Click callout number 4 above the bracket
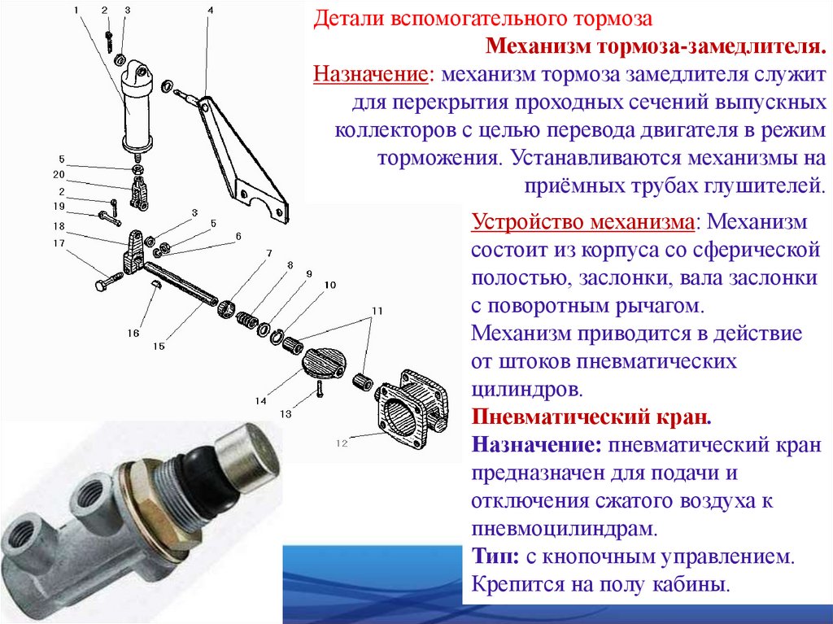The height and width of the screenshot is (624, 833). point(211,10)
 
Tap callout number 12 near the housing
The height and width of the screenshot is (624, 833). point(342,443)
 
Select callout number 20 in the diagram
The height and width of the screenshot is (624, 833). point(59,174)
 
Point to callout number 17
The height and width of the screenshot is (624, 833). point(59,243)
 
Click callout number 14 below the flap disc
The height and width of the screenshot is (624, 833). point(260,401)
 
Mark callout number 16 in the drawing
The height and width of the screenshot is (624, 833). point(133,333)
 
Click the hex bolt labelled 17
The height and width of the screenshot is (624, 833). point(108,281)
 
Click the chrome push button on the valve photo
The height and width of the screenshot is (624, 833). point(247,457)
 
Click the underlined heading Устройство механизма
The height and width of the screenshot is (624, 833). point(582,221)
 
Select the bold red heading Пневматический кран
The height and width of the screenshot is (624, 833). point(591,417)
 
